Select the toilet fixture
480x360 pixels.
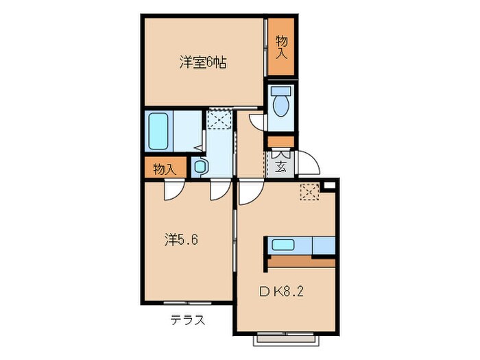tap(280, 104)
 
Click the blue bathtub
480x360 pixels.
tap(159, 130)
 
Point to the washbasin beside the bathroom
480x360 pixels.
tap(200, 167)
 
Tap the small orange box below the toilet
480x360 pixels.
tap(280, 142)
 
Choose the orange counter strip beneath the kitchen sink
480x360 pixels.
tap(302, 261)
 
